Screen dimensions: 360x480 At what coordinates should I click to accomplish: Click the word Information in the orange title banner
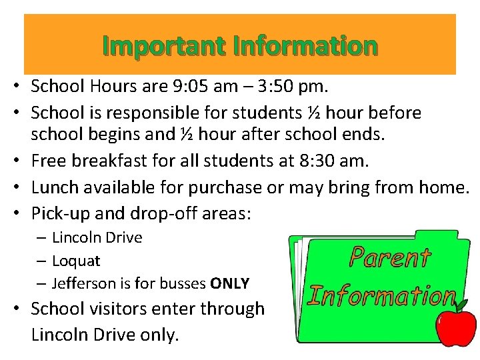[x=306, y=46]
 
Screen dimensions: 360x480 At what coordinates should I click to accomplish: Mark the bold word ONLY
[x=229, y=283]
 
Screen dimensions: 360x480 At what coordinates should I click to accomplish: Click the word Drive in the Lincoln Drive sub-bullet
[x=123, y=237]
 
